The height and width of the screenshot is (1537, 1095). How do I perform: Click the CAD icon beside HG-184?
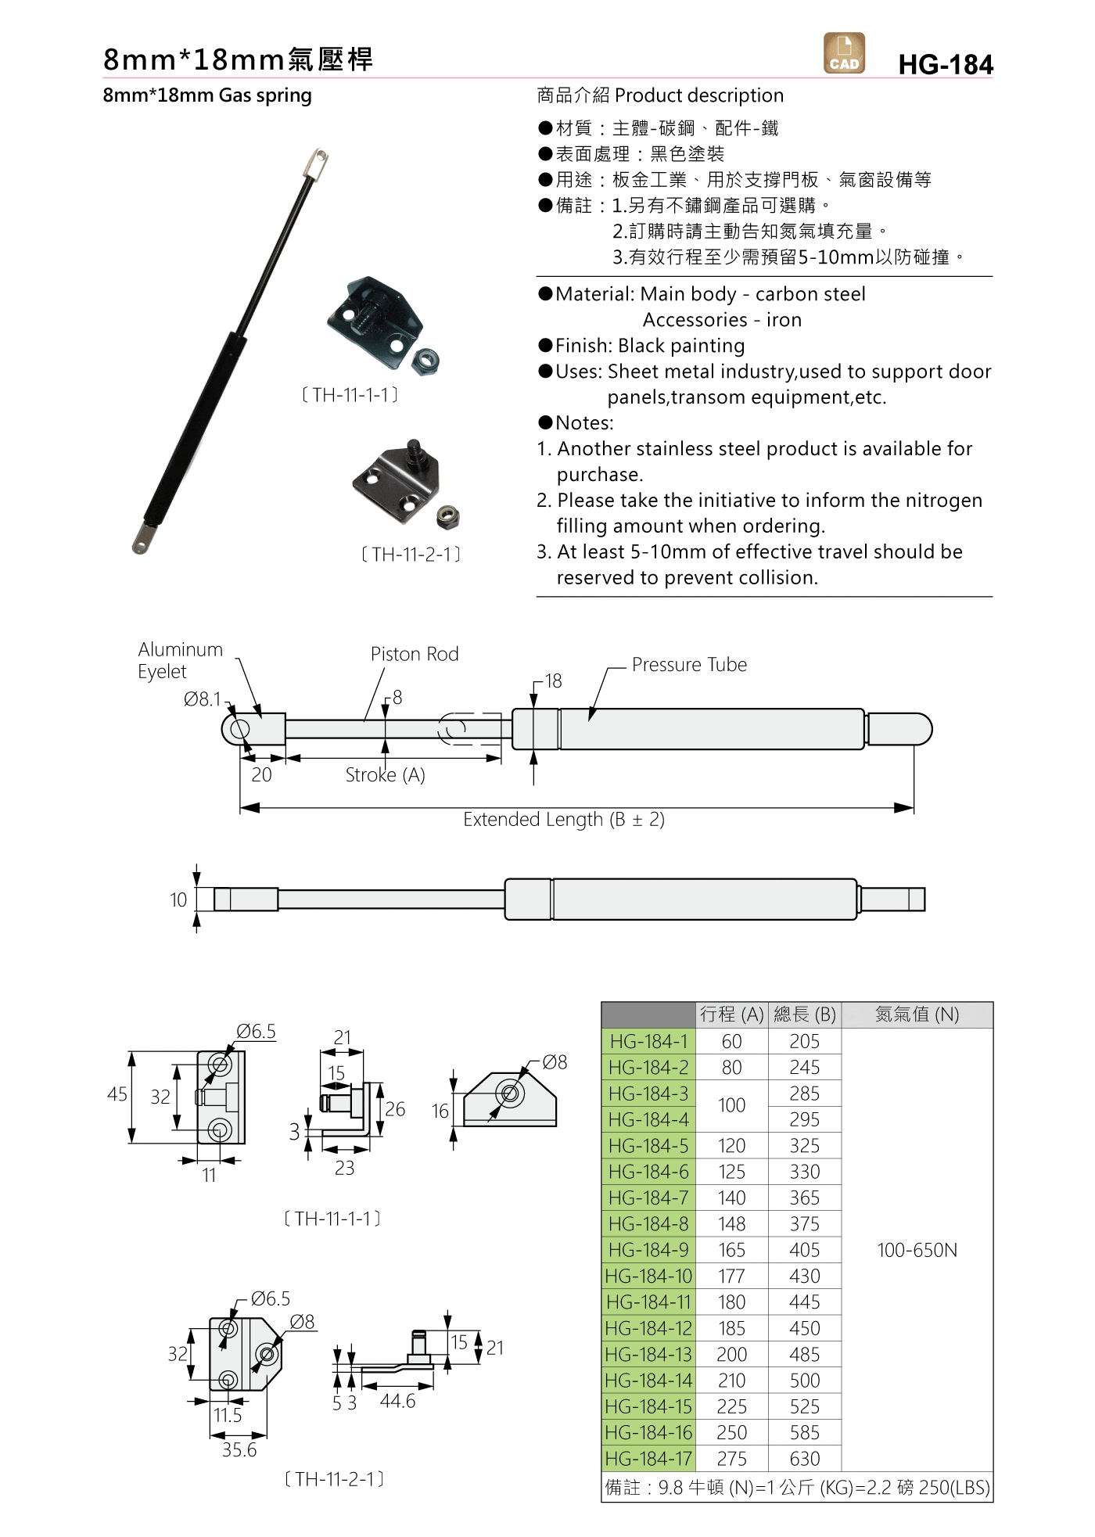pyautogui.click(x=844, y=53)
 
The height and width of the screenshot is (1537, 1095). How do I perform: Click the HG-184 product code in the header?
pyautogui.click(x=945, y=65)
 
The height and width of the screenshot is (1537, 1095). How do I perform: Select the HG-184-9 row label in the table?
pyautogui.click(x=648, y=1250)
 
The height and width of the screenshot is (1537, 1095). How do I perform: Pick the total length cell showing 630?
pyautogui.click(x=804, y=1459)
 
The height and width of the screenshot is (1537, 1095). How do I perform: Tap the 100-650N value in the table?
pyautogui.click(x=917, y=1250)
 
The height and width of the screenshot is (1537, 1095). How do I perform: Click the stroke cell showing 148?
pyautogui.click(x=731, y=1224)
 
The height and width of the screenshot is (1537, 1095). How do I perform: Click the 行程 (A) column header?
pyautogui.click(x=731, y=1014)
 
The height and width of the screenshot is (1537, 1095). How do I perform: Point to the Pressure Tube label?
pyautogui.click(x=689, y=665)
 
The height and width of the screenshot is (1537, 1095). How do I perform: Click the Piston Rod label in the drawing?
pyautogui.click(x=415, y=654)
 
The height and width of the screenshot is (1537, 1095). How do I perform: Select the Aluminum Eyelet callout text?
pyautogui.click(x=180, y=660)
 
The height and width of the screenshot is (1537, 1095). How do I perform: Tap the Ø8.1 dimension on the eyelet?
pyautogui.click(x=203, y=699)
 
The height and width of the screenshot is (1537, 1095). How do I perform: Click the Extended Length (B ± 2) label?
pyautogui.click(x=563, y=820)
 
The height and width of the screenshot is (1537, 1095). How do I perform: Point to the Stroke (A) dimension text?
pyautogui.click(x=385, y=775)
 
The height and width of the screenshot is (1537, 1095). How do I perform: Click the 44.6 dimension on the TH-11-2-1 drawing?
pyautogui.click(x=397, y=1401)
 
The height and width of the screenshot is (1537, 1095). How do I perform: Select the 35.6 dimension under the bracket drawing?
pyautogui.click(x=239, y=1450)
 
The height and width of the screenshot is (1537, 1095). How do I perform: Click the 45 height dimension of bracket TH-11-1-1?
pyautogui.click(x=117, y=1094)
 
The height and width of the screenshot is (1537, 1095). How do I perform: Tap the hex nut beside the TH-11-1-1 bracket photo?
pyautogui.click(x=425, y=362)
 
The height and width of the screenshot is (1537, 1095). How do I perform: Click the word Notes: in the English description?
pyautogui.click(x=584, y=423)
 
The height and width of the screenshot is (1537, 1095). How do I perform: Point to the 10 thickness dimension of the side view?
pyautogui.click(x=178, y=900)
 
